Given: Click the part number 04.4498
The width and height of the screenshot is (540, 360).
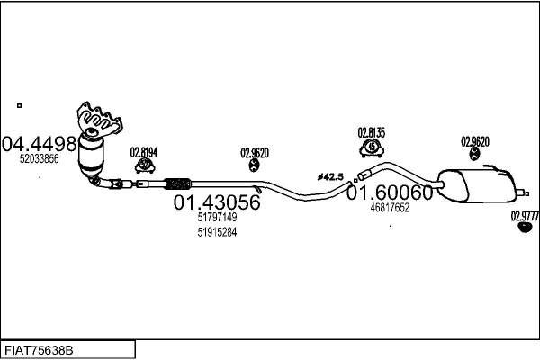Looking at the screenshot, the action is tap(39, 144).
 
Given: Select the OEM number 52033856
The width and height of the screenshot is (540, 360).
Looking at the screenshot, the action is tap(40, 158).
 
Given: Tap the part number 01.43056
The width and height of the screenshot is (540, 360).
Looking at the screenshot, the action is tap(217, 202).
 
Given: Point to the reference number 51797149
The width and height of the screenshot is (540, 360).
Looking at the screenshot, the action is tap(217, 217).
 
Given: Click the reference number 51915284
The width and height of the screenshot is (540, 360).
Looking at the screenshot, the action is tap(217, 232).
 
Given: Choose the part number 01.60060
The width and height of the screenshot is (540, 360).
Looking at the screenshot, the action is tap(390, 193).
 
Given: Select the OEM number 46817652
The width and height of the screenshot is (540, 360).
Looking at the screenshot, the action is tap(390, 208).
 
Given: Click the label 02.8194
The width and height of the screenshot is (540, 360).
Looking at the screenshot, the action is tap(144, 152).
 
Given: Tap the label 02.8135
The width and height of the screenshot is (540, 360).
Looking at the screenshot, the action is tap(371, 132).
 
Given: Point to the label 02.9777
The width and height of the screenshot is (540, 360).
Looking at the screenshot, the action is tap(525, 216).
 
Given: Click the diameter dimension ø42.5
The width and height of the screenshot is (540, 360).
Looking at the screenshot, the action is tap(330, 177).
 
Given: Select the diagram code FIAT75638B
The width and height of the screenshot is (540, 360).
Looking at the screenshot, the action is tap(39, 351).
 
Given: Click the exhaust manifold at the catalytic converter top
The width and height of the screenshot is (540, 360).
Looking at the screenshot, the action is tap(99, 118).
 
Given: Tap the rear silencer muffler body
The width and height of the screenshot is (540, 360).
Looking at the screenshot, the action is tap(478, 185).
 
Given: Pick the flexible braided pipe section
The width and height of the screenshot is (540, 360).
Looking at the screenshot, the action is tap(177, 184).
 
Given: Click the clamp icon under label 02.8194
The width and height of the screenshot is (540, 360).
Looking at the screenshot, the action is tap(145, 166).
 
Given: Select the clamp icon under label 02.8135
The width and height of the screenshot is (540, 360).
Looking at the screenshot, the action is tap(372, 148).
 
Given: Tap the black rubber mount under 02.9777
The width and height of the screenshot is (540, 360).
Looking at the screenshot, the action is tap(526, 228).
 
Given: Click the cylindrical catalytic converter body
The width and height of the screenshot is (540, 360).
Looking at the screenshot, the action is tap(91, 154).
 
